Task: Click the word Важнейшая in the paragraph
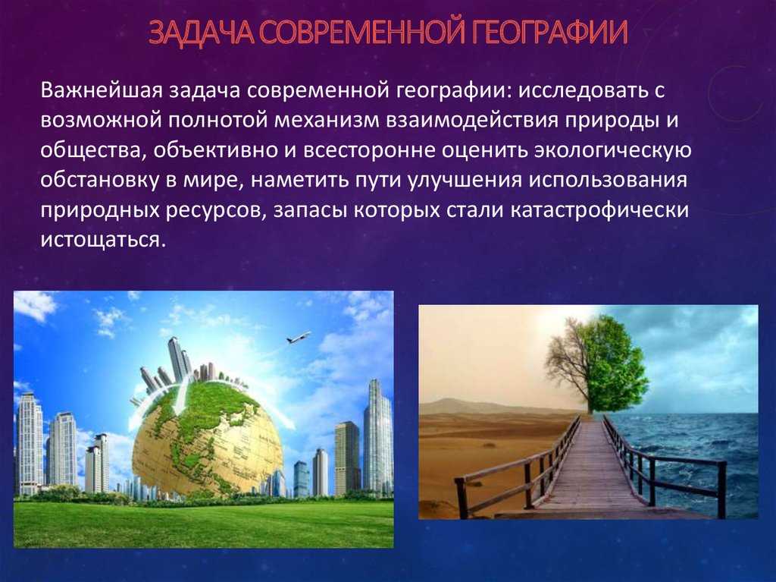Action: (102, 91)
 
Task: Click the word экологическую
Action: (612, 152)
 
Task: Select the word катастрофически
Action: (599, 210)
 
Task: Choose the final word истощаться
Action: (102, 241)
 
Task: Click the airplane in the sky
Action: (299, 337)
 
